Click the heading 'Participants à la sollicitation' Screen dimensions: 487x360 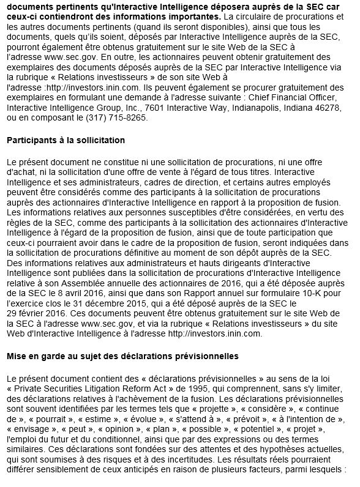click(x=66, y=140)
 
